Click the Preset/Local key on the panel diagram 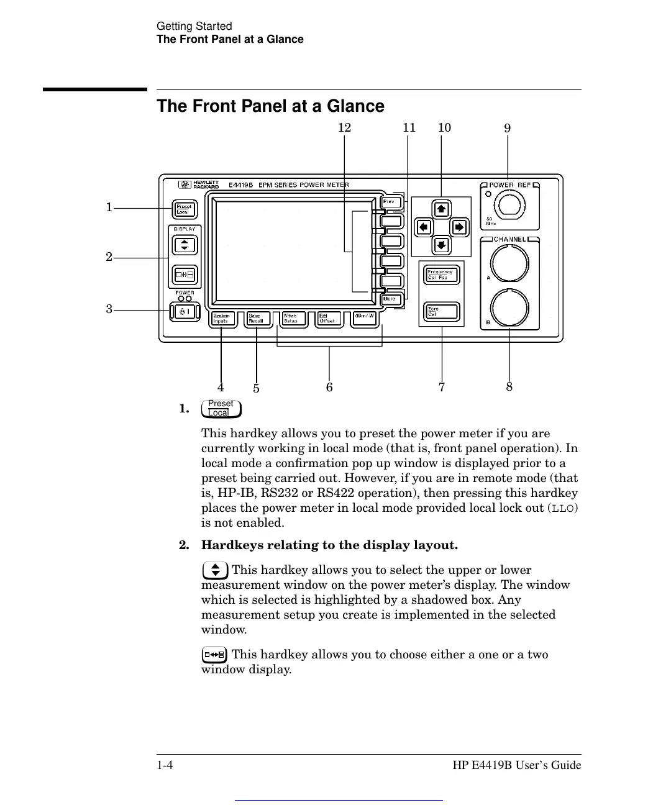184,209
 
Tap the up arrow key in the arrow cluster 441,209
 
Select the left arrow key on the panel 423,227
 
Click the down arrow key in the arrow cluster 441,245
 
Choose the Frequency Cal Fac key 441,275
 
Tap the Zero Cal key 441,311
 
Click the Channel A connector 509,263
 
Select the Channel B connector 509,308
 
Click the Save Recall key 257,319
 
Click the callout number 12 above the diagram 344,128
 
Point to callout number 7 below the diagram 442,388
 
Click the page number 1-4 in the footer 165,765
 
